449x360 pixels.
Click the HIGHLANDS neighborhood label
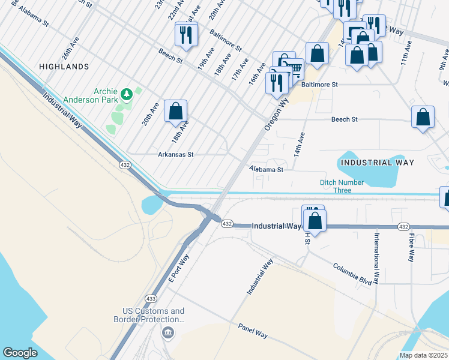point(64,67)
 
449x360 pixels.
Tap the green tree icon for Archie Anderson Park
point(126,94)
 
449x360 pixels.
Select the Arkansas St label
point(175,154)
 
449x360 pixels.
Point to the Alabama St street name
point(266,170)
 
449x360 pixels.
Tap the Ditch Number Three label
point(342,187)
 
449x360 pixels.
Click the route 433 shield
point(151,298)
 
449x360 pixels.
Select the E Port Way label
point(178,268)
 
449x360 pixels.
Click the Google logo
point(20,353)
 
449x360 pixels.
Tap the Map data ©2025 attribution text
point(423,355)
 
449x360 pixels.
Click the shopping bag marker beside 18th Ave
point(175,112)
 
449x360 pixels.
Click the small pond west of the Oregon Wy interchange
point(151,205)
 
